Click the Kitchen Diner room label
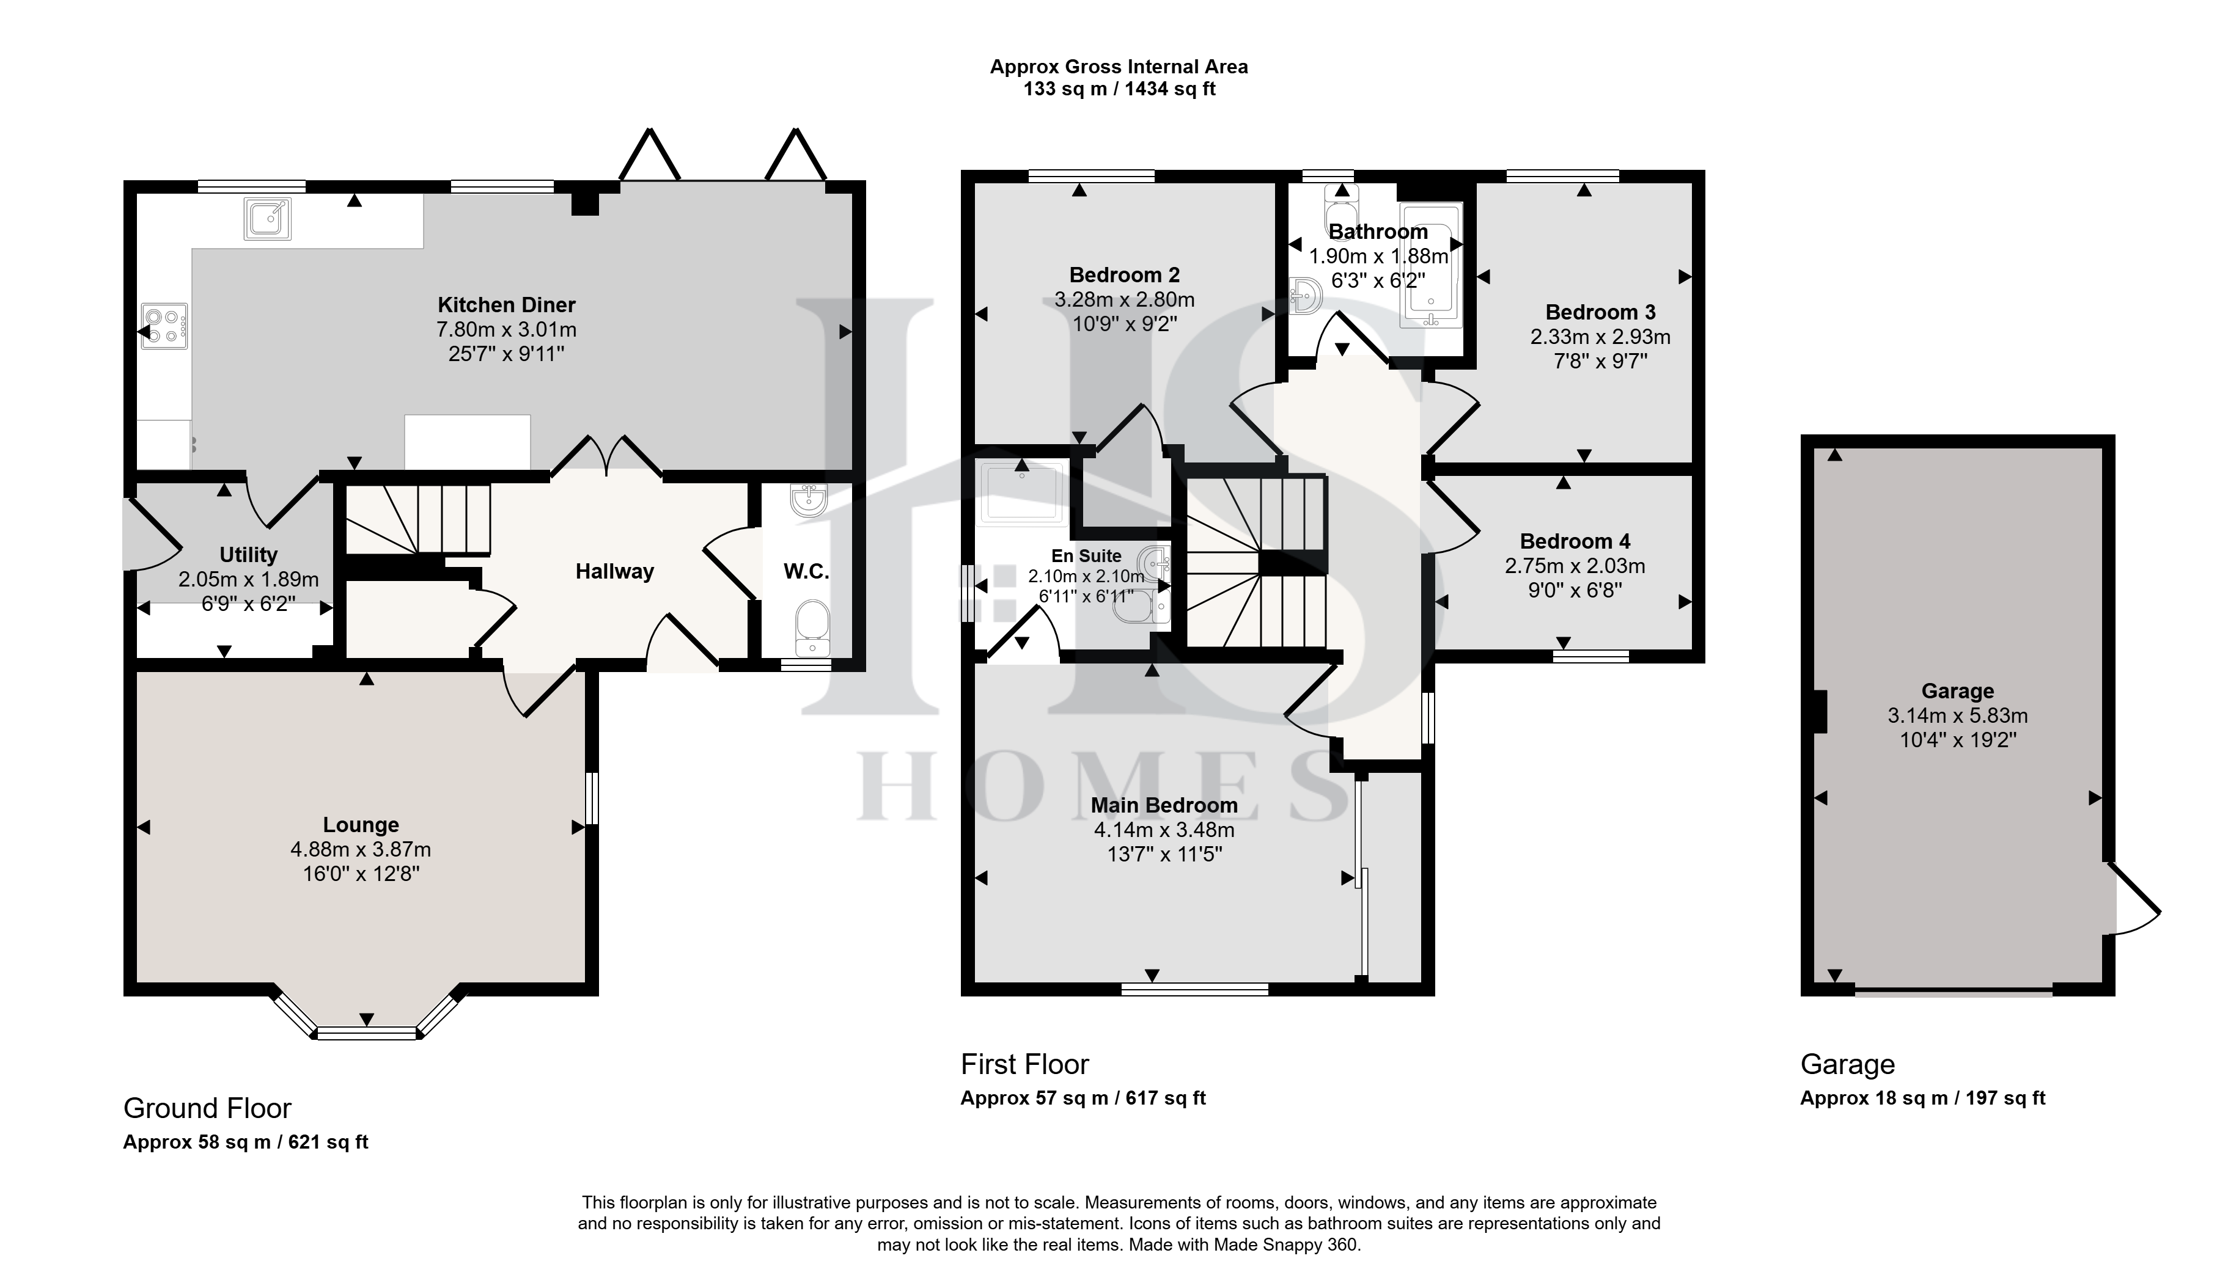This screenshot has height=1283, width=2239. coord(507,305)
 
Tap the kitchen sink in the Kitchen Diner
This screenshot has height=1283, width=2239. coord(267,219)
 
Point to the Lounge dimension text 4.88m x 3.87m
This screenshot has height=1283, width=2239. coord(361,849)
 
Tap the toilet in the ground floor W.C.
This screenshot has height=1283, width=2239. coord(812,628)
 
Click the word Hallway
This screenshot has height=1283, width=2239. coord(614,572)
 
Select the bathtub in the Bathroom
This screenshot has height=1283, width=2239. coord(1431,265)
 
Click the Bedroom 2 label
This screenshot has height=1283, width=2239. coord(1125,275)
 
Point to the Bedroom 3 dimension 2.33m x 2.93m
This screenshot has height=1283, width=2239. coord(1601,337)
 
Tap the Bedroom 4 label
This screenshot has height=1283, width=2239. coord(1575,541)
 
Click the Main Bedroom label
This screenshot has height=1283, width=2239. coord(1164,805)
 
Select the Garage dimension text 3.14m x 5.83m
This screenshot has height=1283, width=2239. coord(1958,715)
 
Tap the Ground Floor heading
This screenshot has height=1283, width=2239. coord(207,1108)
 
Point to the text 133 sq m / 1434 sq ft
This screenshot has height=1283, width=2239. coord(1120,89)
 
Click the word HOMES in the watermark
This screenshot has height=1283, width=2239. coord(1105,785)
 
